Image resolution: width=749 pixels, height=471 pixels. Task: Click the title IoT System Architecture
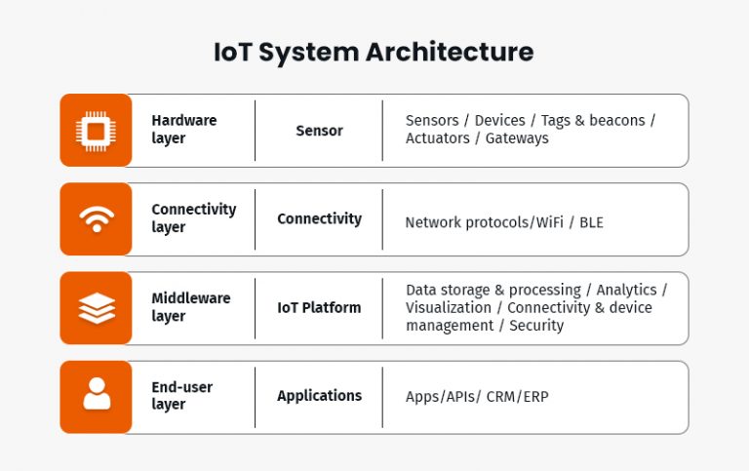click(x=374, y=52)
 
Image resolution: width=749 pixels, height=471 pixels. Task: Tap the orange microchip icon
click(x=96, y=130)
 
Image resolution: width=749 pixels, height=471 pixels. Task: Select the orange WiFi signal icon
click(x=96, y=219)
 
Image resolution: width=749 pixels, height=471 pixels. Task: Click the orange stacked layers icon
click(x=96, y=308)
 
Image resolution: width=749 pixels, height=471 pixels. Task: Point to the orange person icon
click(x=96, y=396)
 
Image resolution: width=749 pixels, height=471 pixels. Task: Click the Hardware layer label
click(x=183, y=130)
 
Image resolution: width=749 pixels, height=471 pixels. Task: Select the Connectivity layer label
click(x=193, y=218)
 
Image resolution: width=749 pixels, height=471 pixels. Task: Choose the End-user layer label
click(x=181, y=396)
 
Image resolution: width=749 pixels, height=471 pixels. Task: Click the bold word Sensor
click(x=319, y=131)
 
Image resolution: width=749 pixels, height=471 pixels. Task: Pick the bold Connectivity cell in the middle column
click(x=319, y=219)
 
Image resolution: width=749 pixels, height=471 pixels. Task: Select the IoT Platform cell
click(x=319, y=308)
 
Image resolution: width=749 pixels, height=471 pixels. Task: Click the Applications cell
click(x=319, y=396)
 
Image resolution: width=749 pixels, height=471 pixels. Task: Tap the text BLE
click(x=591, y=222)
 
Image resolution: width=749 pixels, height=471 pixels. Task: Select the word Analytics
click(x=624, y=291)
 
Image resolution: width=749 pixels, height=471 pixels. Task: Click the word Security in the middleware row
click(x=536, y=326)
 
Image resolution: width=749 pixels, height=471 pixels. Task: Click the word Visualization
click(x=449, y=308)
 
